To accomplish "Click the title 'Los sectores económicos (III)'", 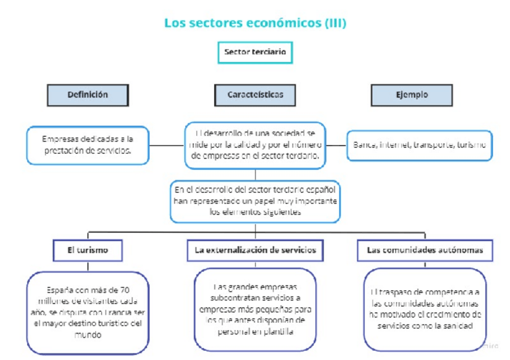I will click(255, 23).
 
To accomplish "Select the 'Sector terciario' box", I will click(255, 52).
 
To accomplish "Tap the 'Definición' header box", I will click(88, 95).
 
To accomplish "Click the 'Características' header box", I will click(255, 95).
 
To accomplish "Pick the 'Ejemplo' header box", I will click(411, 95).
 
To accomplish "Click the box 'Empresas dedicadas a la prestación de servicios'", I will click(88, 145).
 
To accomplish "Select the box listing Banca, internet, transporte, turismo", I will click(419, 145).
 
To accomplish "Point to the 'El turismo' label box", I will click(88, 250).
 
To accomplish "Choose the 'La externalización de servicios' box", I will click(255, 250).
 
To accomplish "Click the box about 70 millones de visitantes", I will click(88, 312).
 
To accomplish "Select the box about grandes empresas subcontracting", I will click(255, 309).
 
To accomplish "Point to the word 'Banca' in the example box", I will click(364, 145).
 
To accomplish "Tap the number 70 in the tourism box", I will click(124, 289).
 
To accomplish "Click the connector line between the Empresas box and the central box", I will click(167, 145).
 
